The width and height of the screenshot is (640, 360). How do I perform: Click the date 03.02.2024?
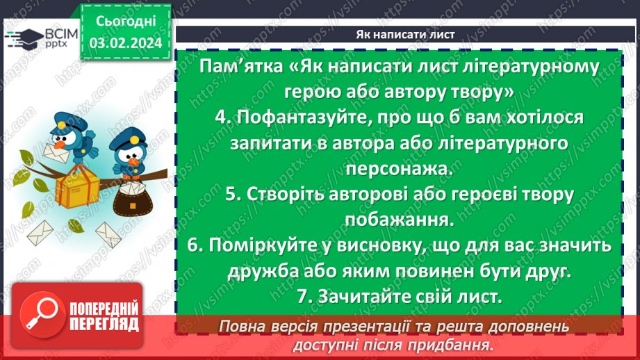126,44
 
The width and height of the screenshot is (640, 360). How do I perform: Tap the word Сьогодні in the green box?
126,22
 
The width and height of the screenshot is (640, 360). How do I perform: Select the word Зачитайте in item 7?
361,297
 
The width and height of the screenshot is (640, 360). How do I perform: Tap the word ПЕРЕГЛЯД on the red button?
102,325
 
